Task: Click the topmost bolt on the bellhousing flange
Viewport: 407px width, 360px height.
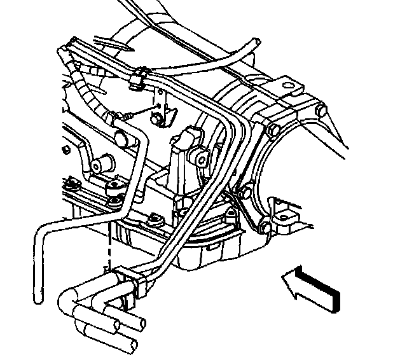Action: point(270,132)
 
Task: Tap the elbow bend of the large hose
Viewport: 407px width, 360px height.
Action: point(66,299)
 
